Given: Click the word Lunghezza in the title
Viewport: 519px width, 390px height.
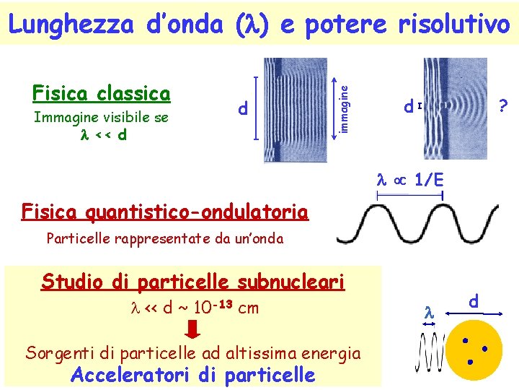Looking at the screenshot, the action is pyautogui.click(x=71, y=25).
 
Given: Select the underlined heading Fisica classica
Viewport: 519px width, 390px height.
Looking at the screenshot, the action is pyautogui.click(x=102, y=94).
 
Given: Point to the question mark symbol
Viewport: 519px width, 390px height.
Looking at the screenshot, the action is pyautogui.click(x=504, y=106).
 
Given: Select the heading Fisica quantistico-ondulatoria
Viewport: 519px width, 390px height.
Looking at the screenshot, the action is pyautogui.click(x=165, y=212).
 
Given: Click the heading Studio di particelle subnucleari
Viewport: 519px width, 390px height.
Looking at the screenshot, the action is pyautogui.click(x=193, y=282).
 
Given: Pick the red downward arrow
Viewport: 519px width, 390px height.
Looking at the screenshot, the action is pyautogui.click(x=192, y=331).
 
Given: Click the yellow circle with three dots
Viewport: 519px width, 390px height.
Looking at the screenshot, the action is pyautogui.click(x=474, y=350).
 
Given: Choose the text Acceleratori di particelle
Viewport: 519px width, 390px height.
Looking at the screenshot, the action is pyautogui.click(x=192, y=375).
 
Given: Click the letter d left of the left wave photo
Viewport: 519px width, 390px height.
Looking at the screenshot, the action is pyautogui.click(x=243, y=109).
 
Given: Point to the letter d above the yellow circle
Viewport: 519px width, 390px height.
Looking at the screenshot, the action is pyautogui.click(x=473, y=300).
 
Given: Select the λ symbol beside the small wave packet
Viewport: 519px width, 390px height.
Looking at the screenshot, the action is pyautogui.click(x=427, y=313).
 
